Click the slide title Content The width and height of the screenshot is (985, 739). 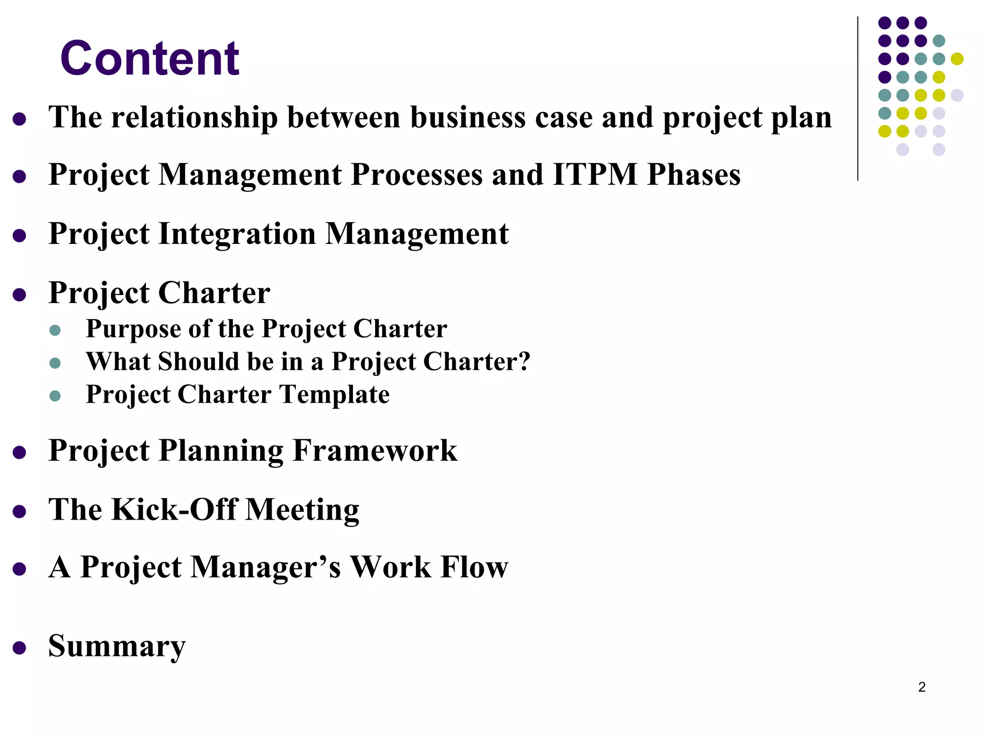(150, 59)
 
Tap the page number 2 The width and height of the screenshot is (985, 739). (922, 687)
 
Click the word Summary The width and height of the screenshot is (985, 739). (117, 646)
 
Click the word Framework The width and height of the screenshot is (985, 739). (375, 451)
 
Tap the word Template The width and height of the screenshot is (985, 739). (335, 395)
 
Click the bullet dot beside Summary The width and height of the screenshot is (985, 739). (19, 648)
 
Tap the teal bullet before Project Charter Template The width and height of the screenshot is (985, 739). (55, 396)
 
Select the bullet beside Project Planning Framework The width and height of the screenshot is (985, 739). (19, 452)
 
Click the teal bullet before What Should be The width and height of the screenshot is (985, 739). (55, 363)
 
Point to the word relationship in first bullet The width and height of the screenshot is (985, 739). (194, 117)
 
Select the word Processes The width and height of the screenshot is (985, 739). (417, 174)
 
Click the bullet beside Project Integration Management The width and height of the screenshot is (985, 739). (19, 236)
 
